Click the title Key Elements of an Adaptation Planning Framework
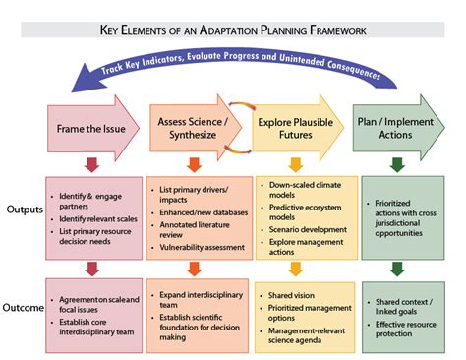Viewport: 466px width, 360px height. coord(233,30)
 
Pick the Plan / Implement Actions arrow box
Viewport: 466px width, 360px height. coord(399,125)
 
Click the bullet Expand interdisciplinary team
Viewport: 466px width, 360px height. coord(193,294)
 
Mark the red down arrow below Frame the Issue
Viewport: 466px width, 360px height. coord(91,163)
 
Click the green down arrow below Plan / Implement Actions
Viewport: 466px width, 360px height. coord(397,163)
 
